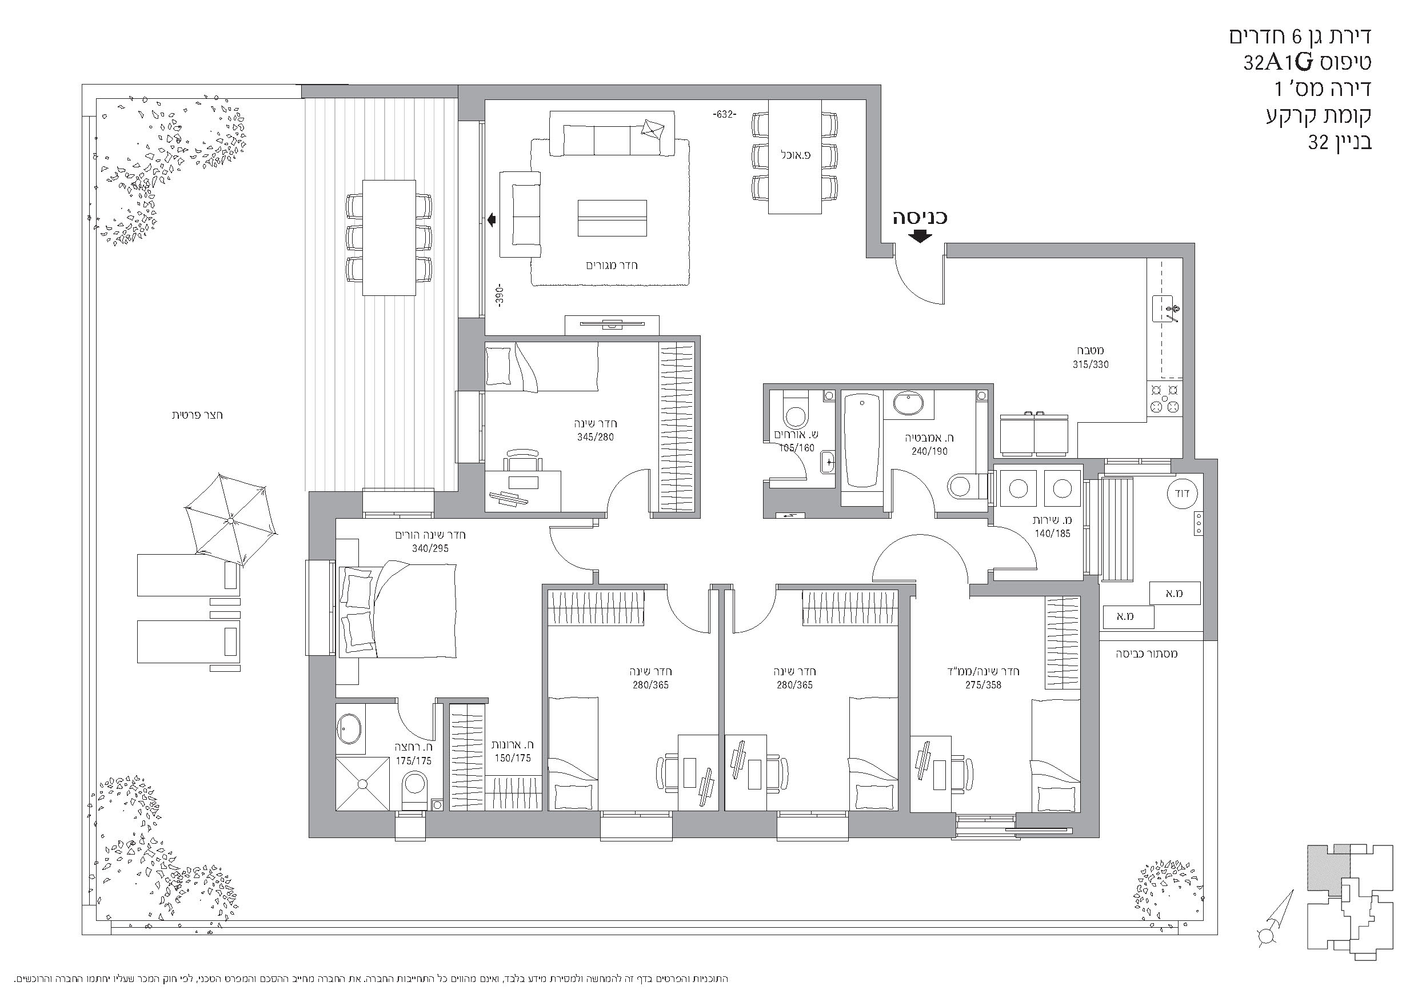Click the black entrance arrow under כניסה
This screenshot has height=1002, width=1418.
[x=920, y=236]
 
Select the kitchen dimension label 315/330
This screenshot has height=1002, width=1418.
[x=1091, y=365]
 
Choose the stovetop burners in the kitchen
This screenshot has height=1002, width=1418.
[x=1164, y=398]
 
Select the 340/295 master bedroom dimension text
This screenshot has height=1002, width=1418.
[x=430, y=548]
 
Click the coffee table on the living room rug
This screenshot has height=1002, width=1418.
[x=612, y=218]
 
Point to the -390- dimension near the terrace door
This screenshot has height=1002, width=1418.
[x=500, y=296]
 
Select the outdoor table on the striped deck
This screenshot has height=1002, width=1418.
[x=389, y=238]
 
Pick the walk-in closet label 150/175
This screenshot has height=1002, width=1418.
[x=513, y=758]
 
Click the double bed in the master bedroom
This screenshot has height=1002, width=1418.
[x=397, y=610]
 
